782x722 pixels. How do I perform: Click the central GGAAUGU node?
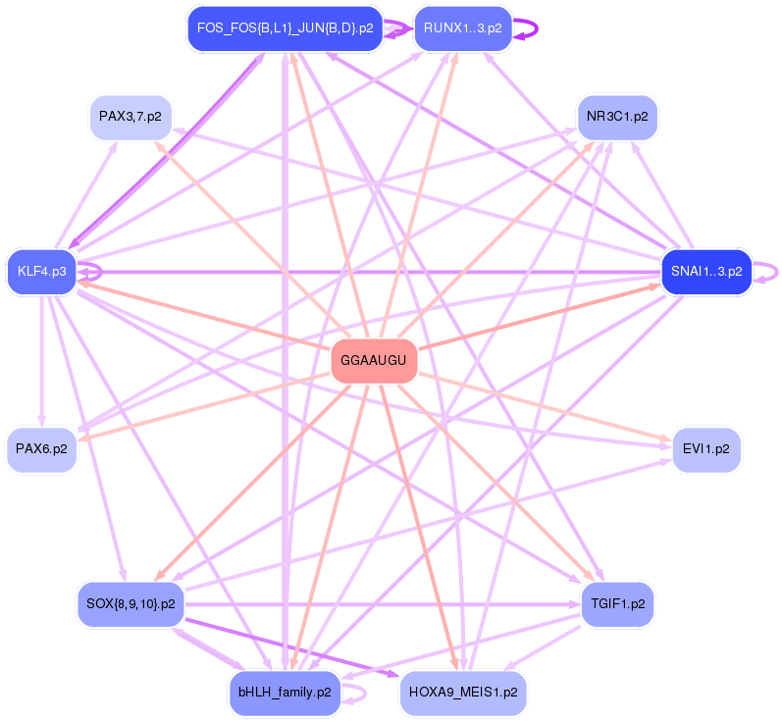click(373, 362)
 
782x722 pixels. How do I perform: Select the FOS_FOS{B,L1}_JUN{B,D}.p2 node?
click(285, 28)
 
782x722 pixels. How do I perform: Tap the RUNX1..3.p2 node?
click(463, 28)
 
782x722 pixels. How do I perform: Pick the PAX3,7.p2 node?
click(131, 117)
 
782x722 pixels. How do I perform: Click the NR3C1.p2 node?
click(616, 117)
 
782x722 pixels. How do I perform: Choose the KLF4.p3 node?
click(41, 271)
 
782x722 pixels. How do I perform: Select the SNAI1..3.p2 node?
click(706, 271)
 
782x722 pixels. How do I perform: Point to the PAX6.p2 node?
click(41, 449)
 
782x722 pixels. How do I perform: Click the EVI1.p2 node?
click(705, 449)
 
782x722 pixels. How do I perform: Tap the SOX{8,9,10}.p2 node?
click(130, 603)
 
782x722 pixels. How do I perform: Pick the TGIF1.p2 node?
click(617, 603)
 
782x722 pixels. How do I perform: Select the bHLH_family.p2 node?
click(285, 693)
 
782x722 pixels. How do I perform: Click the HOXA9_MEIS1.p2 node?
click(463, 693)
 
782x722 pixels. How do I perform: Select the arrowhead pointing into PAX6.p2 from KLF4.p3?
click(41, 421)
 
